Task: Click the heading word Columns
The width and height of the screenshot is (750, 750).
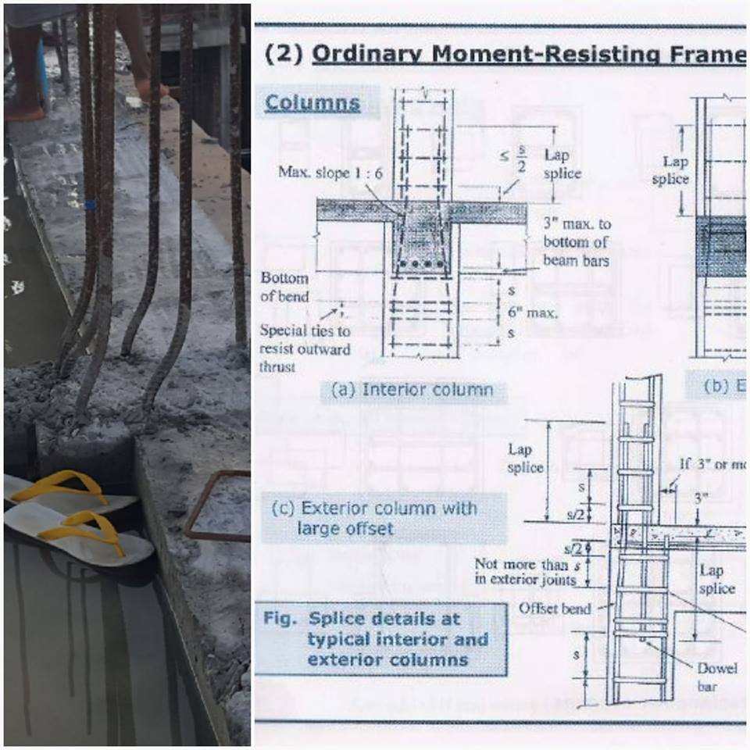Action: pos(312,103)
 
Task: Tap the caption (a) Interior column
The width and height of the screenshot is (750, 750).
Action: pos(412,390)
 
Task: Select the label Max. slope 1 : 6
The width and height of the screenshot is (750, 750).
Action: pos(330,172)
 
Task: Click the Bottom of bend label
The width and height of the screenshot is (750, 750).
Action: pos(284,287)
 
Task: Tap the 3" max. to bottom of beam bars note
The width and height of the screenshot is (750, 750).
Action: pos(577,241)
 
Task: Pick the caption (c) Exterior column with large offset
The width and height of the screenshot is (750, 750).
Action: pos(373,518)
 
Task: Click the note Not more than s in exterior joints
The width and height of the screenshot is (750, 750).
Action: pos(528,571)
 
